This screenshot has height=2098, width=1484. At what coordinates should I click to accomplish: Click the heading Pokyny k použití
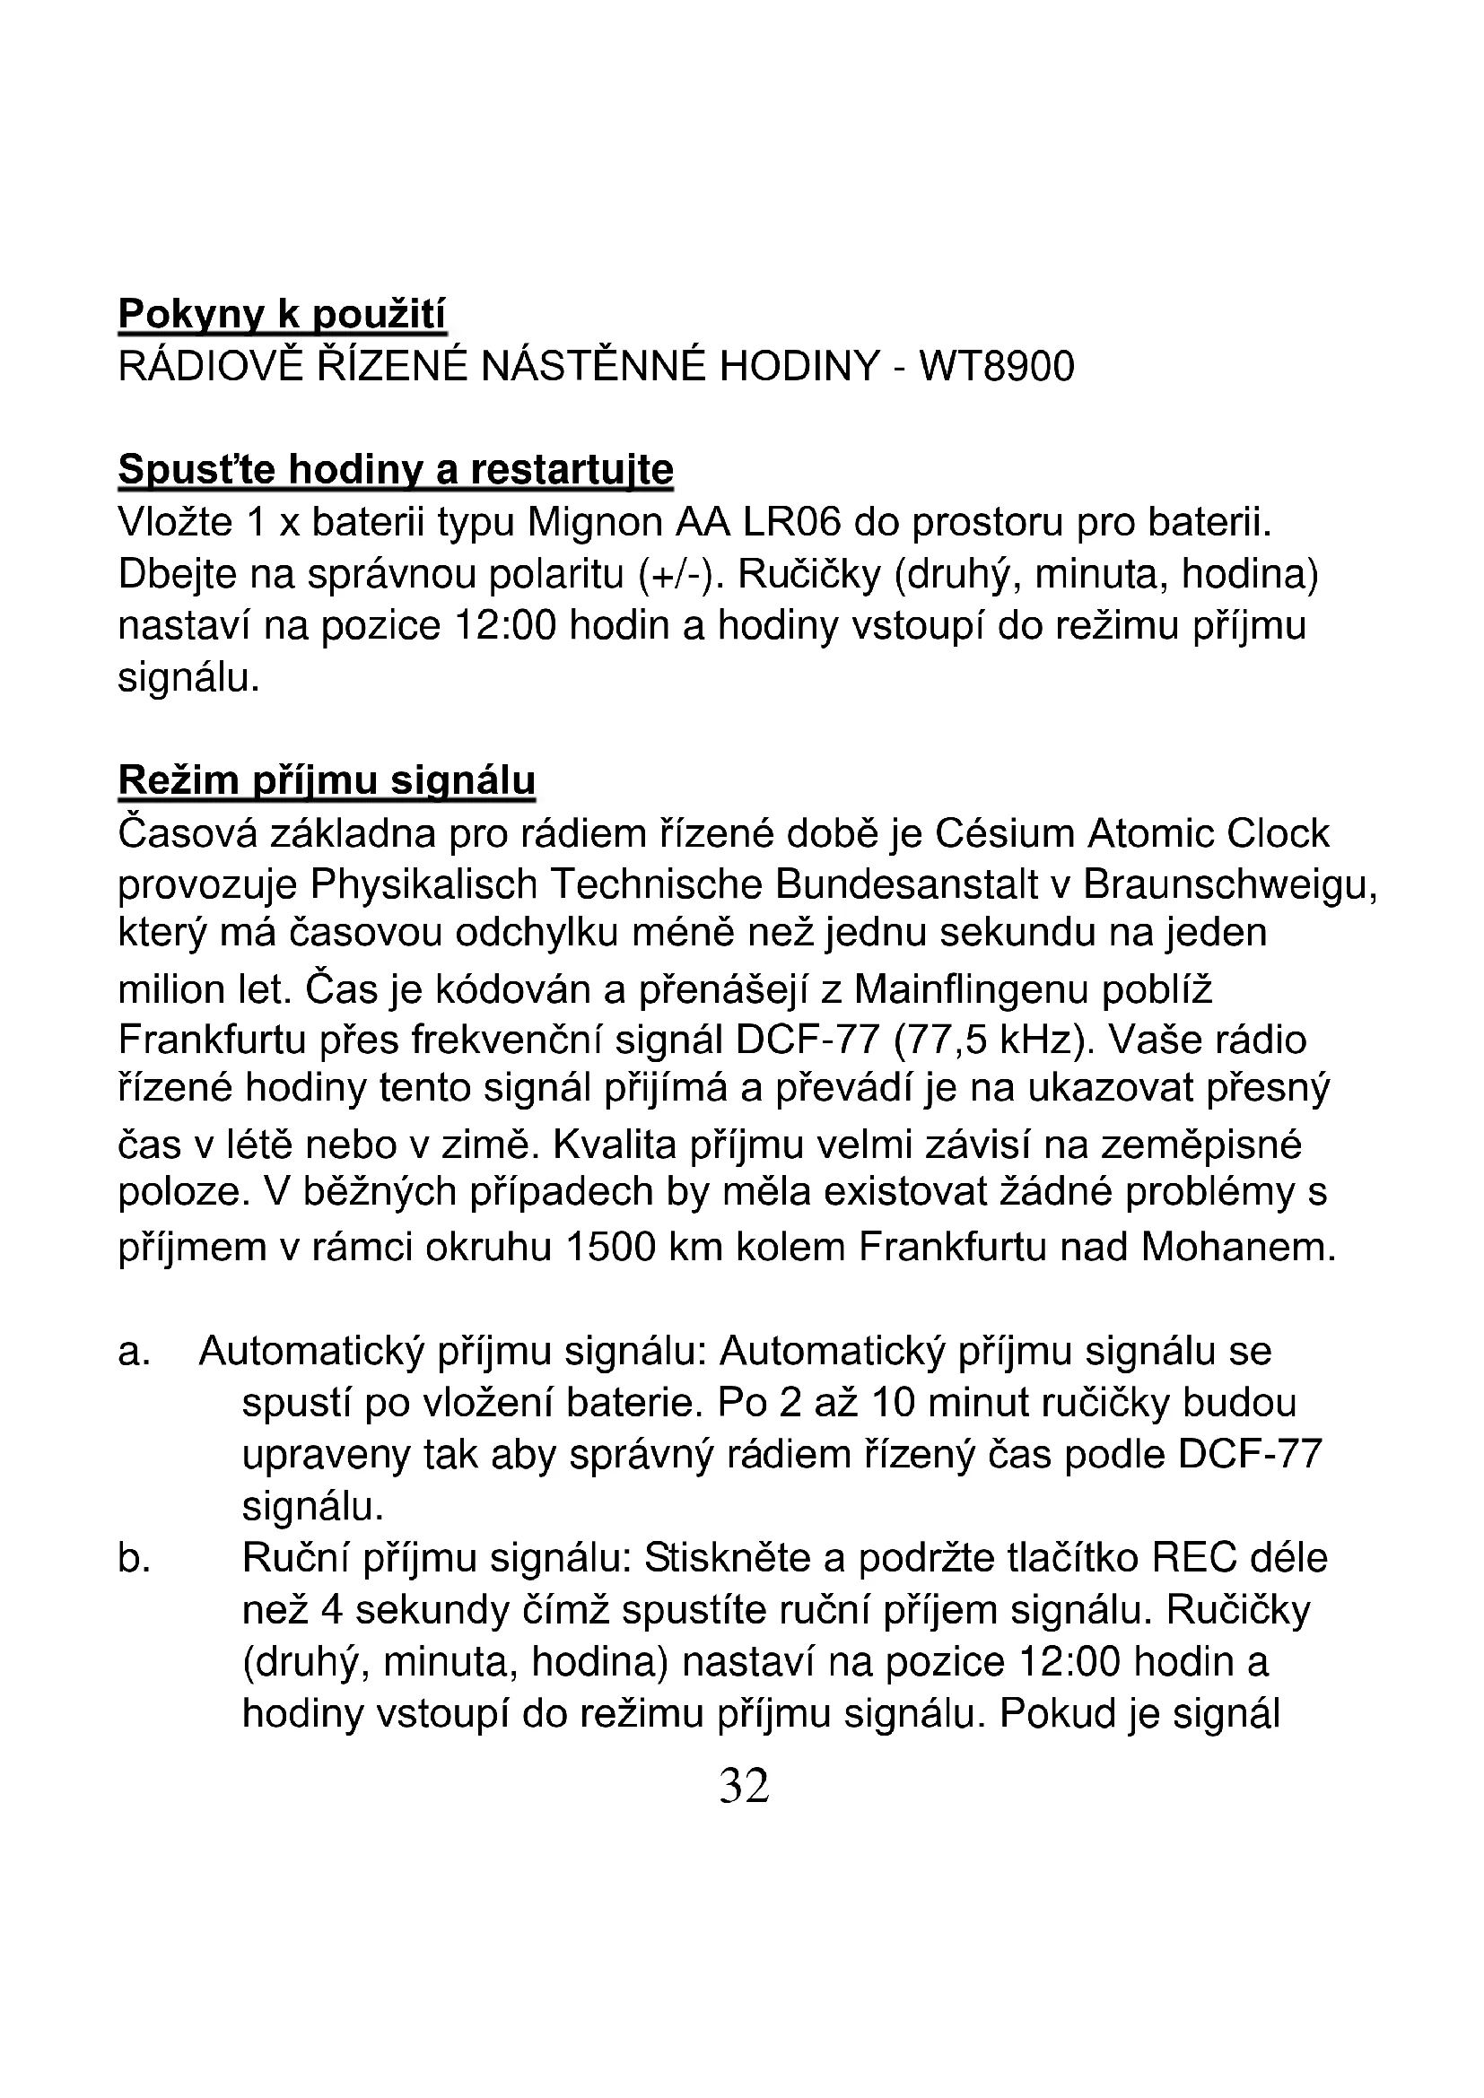coord(283,315)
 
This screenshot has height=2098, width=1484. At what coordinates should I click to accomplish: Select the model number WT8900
coord(996,368)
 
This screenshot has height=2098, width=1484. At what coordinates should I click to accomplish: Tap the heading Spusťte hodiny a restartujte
coord(396,471)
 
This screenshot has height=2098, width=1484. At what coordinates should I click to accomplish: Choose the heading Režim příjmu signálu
coord(327,781)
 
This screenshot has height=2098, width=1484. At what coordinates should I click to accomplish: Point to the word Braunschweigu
coord(1228,884)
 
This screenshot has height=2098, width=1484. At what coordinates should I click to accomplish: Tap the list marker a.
coord(135,1353)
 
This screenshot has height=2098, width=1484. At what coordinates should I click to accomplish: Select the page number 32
coord(744,1787)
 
